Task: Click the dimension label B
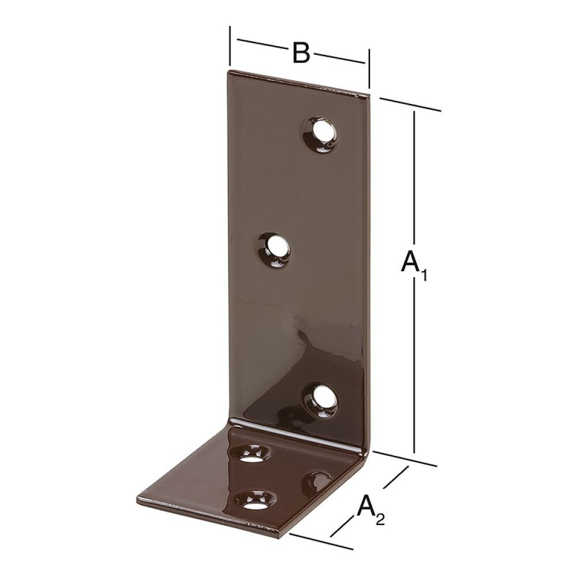301,53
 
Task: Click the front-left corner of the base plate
136,496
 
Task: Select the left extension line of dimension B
230,46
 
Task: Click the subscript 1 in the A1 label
424,276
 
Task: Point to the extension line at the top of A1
410,104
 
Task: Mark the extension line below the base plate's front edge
320,540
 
